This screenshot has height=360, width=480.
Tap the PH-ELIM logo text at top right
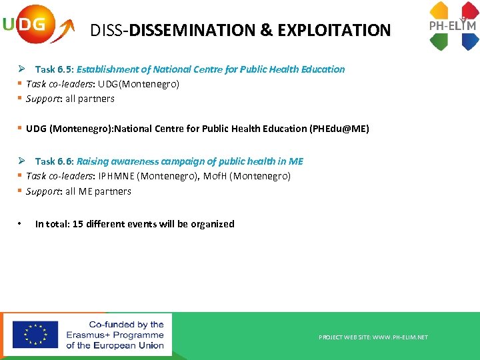[453, 26]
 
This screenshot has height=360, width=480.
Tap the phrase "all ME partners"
[98, 191]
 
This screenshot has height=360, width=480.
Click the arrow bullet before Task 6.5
[22, 69]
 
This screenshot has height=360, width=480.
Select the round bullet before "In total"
[21, 224]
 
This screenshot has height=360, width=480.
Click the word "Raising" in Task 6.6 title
[93, 161]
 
